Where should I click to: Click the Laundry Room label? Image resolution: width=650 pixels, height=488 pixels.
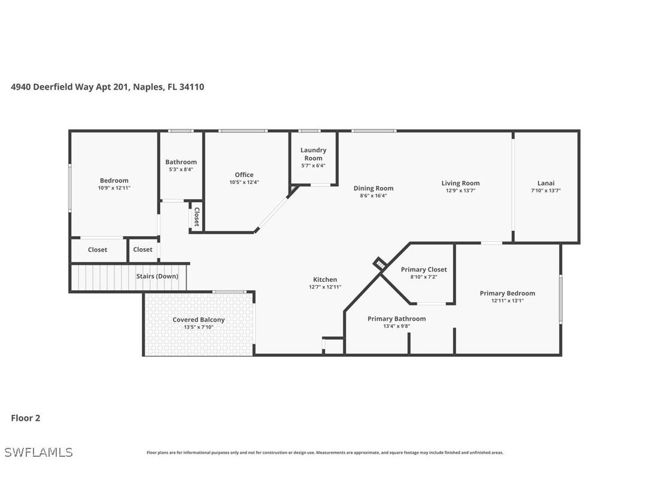pyautogui.click(x=313, y=154)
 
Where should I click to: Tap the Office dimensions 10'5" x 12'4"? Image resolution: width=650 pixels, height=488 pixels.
pyautogui.click(x=244, y=182)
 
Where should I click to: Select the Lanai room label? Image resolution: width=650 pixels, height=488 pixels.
pyautogui.click(x=545, y=183)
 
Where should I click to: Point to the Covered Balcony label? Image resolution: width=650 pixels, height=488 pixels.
pyautogui.click(x=199, y=320)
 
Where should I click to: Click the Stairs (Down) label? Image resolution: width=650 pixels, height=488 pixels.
pyautogui.click(x=157, y=276)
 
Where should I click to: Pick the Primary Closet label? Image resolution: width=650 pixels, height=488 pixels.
pyautogui.click(x=424, y=269)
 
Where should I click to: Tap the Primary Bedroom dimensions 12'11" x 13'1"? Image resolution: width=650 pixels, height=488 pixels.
pyautogui.click(x=507, y=300)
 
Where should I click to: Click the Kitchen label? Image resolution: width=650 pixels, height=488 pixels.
pyautogui.click(x=325, y=279)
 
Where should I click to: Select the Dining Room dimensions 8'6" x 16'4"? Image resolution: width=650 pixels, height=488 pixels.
pyautogui.click(x=373, y=195)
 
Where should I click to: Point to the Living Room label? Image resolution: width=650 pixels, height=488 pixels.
pyautogui.click(x=460, y=183)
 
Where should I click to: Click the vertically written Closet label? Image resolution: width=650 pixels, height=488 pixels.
pyautogui.click(x=196, y=216)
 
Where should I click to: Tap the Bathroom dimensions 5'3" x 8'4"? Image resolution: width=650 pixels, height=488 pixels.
pyautogui.click(x=181, y=169)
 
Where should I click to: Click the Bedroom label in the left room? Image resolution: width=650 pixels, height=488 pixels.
pyautogui.click(x=114, y=180)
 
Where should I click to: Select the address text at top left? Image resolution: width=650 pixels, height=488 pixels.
pyautogui.click(x=108, y=87)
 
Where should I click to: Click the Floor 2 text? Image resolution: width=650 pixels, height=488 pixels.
pyautogui.click(x=26, y=418)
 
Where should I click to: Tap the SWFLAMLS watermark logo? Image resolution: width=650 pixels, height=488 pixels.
pyautogui.click(x=38, y=452)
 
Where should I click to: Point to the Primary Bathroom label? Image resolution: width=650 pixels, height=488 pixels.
pyautogui.click(x=396, y=318)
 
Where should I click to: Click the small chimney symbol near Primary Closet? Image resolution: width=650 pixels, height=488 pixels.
pyautogui.click(x=379, y=263)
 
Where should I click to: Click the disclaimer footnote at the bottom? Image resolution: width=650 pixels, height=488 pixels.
pyautogui.click(x=325, y=453)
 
